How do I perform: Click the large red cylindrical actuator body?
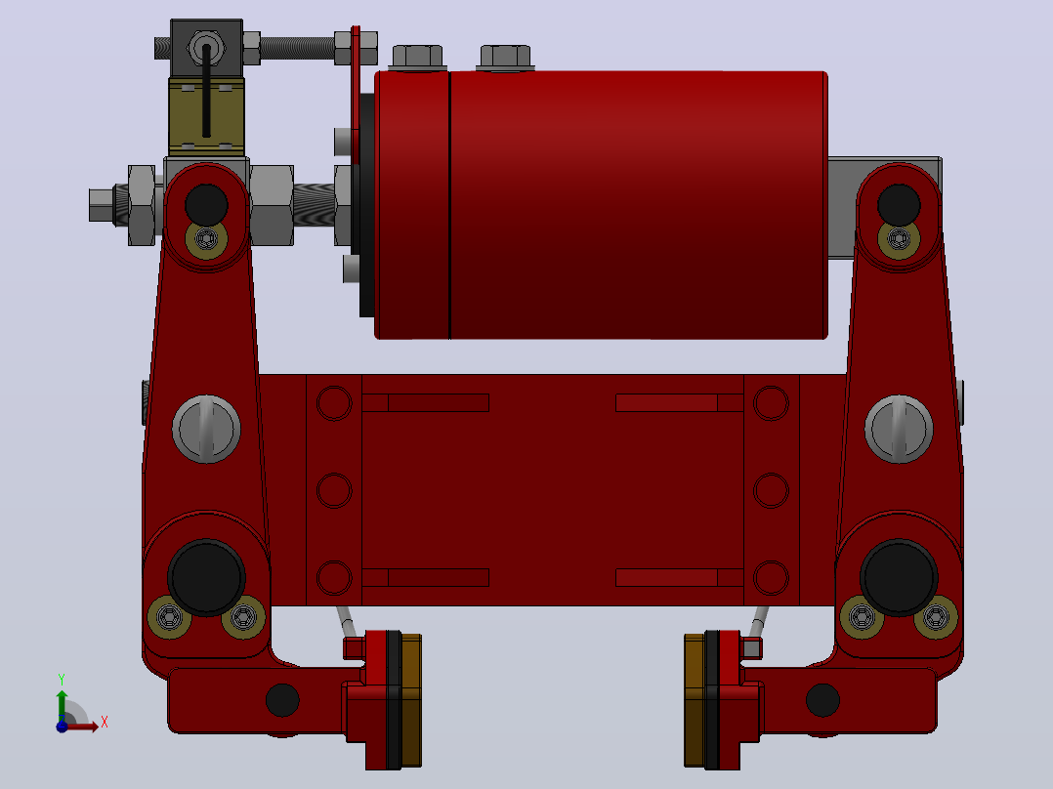tap(601, 205)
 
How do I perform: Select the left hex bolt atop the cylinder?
tap(417, 57)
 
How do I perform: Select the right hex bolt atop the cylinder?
tap(506, 57)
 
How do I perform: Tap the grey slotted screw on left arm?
tap(206, 429)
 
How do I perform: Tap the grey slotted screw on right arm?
tap(899, 429)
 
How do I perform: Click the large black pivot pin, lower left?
tap(206, 577)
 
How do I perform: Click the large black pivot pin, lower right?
tap(899, 577)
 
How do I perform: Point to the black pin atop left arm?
tap(206, 205)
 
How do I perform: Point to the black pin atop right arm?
tap(899, 205)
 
